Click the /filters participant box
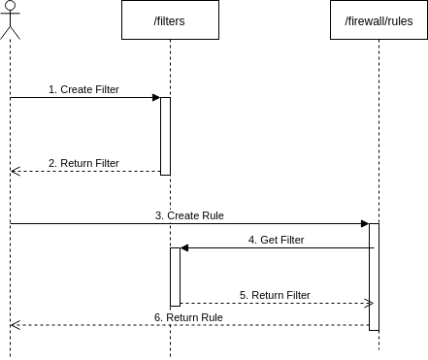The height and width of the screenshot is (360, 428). tap(170, 19)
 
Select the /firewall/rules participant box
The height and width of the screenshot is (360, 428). tap(379, 19)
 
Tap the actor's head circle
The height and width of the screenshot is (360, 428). tap(10, 6)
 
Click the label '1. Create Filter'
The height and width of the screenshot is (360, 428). tap(83, 89)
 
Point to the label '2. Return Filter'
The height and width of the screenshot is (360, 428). tap(83, 163)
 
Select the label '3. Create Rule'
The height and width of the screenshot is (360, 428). tap(189, 215)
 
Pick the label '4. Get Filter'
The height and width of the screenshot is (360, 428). tap(277, 240)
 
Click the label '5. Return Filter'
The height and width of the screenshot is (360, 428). tap(275, 295)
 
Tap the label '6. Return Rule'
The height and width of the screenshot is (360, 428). tap(188, 317)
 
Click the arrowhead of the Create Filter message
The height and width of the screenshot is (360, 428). tap(156, 97)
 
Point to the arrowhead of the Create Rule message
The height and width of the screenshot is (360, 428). tap(365, 223)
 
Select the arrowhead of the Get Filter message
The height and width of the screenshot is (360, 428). tap(184, 248)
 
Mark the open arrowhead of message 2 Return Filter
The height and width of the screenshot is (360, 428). tap(15, 171)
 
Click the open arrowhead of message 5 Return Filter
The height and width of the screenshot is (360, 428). tap(369, 303)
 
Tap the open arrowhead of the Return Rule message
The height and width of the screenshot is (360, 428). tap(15, 324)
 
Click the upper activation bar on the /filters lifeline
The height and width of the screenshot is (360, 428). tap(165, 136)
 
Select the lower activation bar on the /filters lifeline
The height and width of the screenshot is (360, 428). tap(176, 277)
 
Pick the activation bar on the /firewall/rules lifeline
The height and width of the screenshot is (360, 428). tap(374, 277)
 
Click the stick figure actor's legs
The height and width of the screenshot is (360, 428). tap(10, 32)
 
